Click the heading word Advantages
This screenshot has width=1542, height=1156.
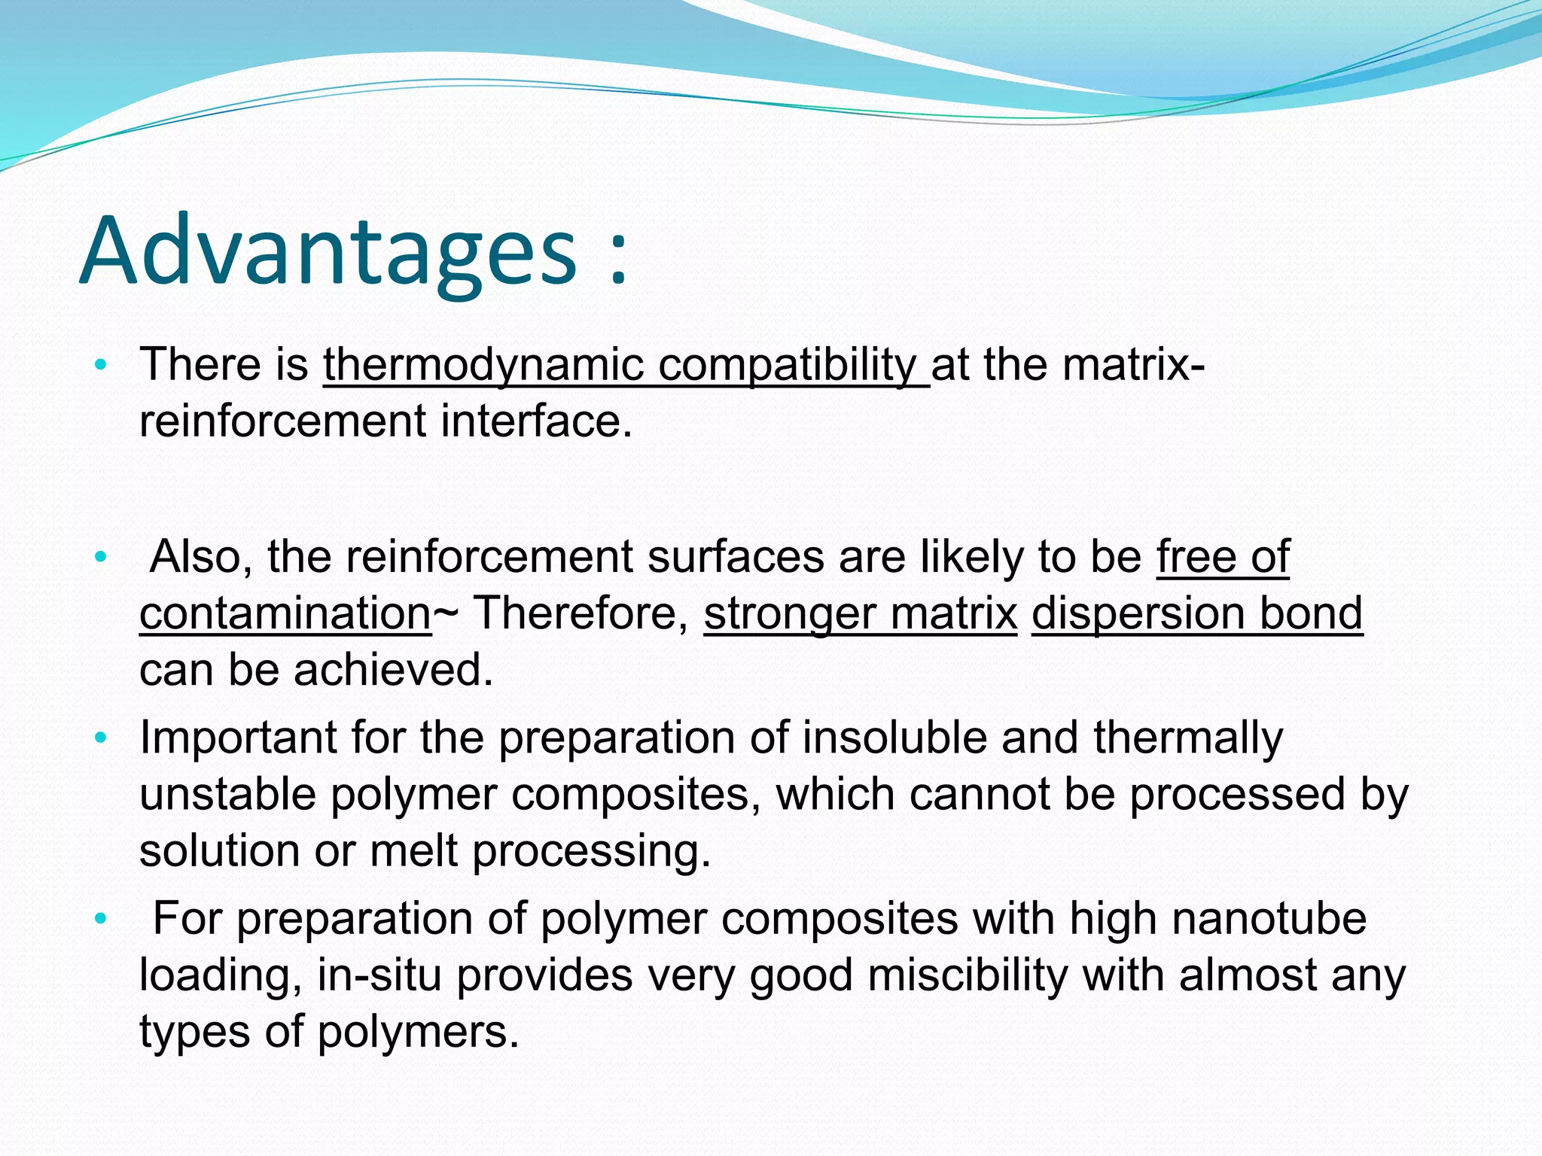[x=327, y=252]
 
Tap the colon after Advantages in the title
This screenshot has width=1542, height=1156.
[x=617, y=260]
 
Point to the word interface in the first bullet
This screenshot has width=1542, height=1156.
[x=536, y=421]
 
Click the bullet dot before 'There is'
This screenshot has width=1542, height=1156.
[x=101, y=367]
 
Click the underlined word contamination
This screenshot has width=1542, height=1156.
[x=285, y=613]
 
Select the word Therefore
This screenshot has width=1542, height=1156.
[x=581, y=613]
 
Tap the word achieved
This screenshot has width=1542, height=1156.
[x=393, y=670]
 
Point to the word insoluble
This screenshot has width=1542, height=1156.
[x=894, y=738]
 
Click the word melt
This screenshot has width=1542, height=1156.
[x=413, y=851]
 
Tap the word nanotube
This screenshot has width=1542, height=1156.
[x=1269, y=919]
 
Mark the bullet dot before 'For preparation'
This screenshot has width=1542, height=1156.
[x=101, y=919]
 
